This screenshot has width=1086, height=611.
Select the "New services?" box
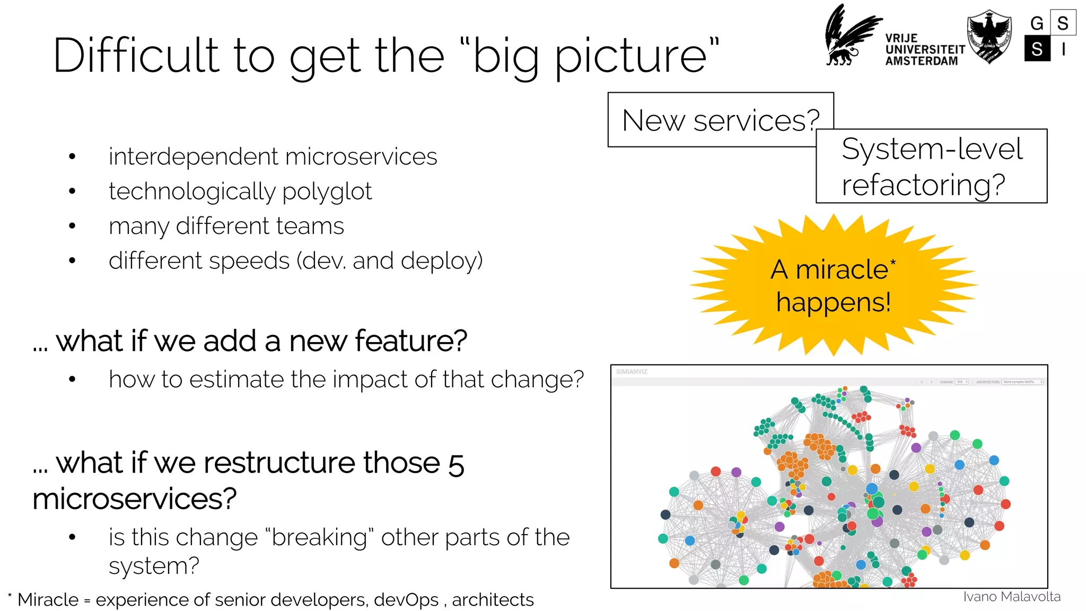coord(720,120)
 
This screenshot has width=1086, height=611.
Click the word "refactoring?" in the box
coord(923,185)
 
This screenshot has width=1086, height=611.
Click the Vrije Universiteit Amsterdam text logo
coord(924,50)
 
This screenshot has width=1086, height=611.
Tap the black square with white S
coord(1037,49)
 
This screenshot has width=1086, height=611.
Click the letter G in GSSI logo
coord(1037,23)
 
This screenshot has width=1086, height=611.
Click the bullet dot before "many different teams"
coord(73,226)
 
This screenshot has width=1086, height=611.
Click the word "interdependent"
coord(193,157)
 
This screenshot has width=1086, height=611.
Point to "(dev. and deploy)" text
coord(390,261)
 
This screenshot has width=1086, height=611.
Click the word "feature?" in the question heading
coord(411,341)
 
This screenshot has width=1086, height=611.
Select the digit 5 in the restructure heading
coord(456,464)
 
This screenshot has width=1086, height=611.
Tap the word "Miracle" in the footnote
coord(48,600)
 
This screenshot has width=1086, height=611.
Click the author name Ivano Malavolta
coord(1011,597)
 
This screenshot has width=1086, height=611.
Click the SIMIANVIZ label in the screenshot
coord(632,372)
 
